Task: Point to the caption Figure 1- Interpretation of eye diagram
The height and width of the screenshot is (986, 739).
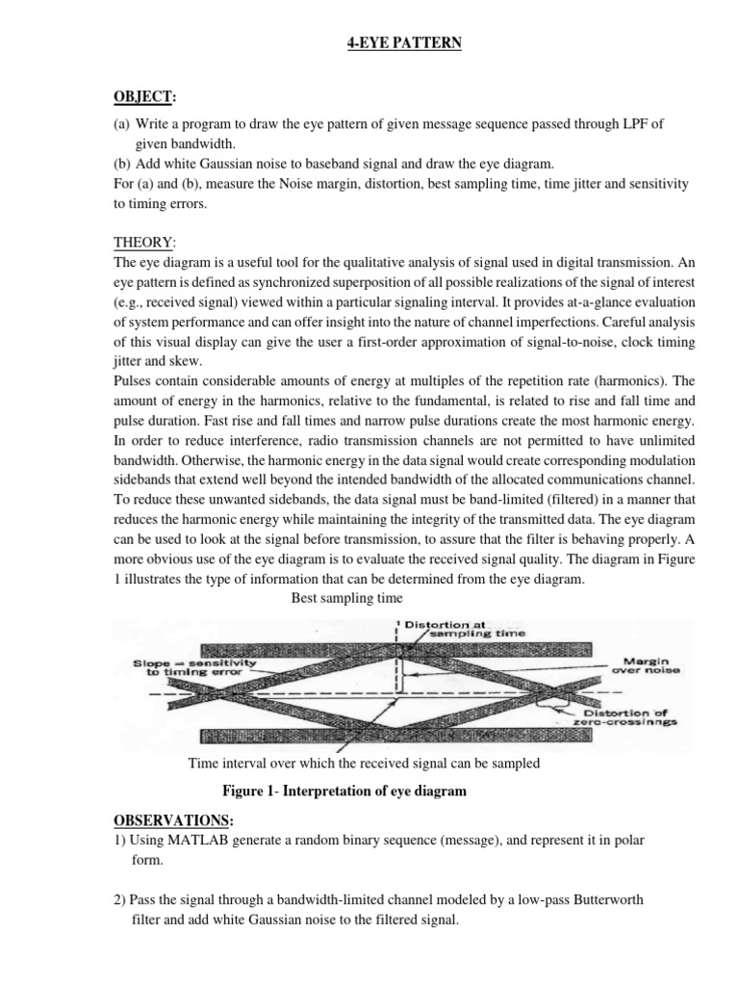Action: point(344,791)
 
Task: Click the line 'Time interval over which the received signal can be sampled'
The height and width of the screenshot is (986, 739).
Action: point(364,764)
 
